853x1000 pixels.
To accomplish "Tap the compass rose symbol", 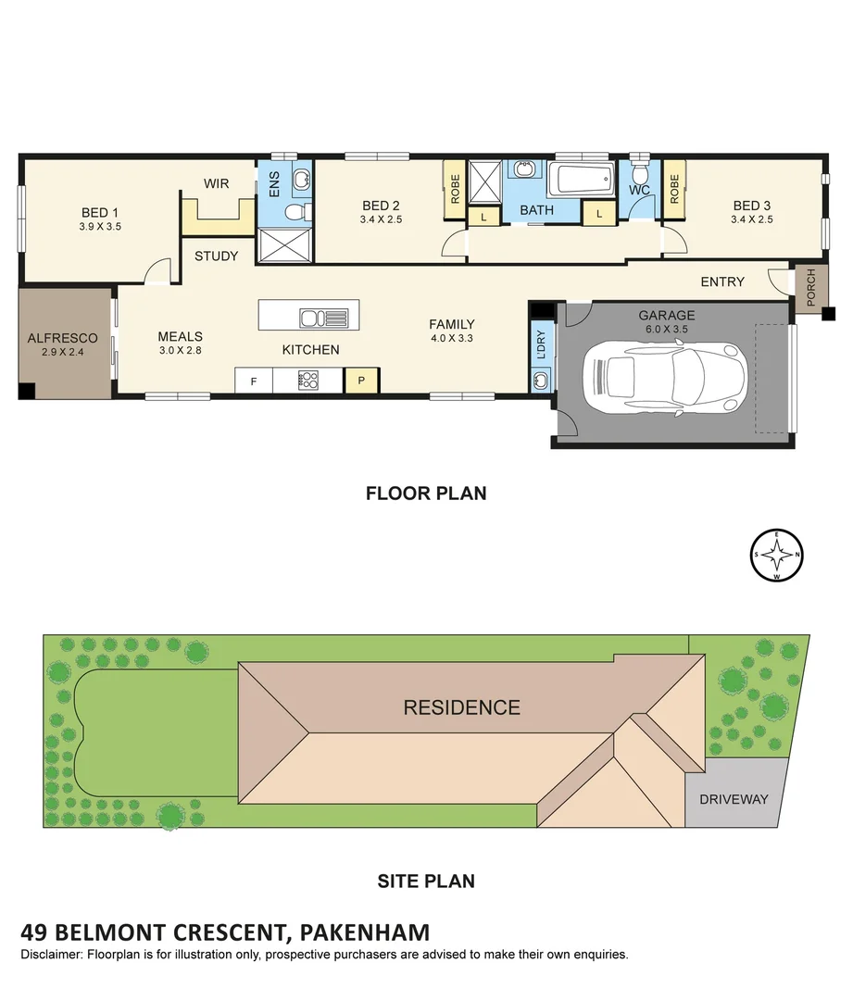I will coord(776,556).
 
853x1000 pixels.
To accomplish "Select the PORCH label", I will coord(811,288).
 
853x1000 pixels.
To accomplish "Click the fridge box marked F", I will coord(253,380).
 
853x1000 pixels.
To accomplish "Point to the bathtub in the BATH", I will coord(581,179).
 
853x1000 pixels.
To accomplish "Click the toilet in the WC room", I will coord(639,174).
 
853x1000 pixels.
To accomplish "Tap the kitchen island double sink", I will coord(323,319).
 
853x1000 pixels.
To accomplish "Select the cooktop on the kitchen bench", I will coord(307,380).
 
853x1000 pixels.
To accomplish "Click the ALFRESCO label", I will coord(62,339).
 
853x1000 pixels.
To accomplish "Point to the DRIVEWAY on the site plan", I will coord(734,798).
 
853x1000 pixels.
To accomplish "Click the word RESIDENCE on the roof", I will coord(461,707).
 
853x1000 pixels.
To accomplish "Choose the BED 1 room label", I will coord(101,211).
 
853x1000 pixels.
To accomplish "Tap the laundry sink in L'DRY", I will coord(542,380).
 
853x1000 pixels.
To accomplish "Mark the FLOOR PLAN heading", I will coord(425,494).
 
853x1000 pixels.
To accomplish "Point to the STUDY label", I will coord(216,256).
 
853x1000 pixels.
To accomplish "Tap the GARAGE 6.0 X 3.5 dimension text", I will coord(666,328).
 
